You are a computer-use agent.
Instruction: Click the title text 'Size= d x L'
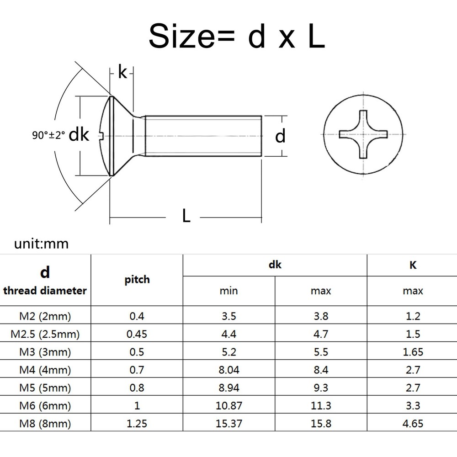click(236, 36)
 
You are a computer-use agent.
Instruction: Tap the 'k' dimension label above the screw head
click(122, 72)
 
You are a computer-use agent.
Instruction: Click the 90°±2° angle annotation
click(49, 136)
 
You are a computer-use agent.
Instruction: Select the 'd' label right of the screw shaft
click(280, 136)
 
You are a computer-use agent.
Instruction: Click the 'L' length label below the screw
click(186, 216)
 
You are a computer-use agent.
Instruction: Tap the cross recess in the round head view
click(364, 135)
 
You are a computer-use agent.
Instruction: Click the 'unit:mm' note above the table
click(41, 244)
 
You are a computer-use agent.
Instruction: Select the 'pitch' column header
click(137, 279)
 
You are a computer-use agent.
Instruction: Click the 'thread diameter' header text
click(45, 290)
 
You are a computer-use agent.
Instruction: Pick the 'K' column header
click(413, 265)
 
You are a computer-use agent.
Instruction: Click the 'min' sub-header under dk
click(228, 291)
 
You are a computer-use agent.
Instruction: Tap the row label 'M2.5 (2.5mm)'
click(45, 334)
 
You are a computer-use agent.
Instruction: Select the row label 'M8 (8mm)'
click(45, 424)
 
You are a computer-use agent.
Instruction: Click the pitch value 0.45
click(137, 334)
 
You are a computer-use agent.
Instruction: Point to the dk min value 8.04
click(228, 370)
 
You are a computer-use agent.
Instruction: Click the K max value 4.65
click(413, 424)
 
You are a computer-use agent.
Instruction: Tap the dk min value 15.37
click(228, 424)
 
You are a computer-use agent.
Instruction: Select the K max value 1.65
click(413, 352)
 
